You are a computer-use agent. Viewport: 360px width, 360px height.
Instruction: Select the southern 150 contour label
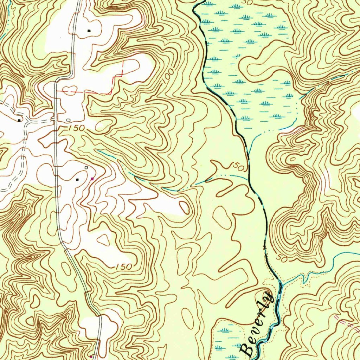pyautogui.click(x=123, y=266)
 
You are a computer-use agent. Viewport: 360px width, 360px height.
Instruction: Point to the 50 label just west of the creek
pyautogui.click(x=238, y=168)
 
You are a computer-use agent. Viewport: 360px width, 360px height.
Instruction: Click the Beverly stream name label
pyautogui.click(x=257, y=323)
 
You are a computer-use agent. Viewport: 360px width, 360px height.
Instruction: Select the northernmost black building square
pyautogui.click(x=89, y=31)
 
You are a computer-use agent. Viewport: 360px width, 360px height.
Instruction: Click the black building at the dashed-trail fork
pyautogui.click(x=19, y=120)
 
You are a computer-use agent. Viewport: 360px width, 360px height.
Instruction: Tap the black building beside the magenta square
pyautogui.click(x=78, y=179)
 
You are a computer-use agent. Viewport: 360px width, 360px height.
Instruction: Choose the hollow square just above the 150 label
pyautogui.click(x=68, y=120)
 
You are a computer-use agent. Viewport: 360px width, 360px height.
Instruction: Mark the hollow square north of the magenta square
pyautogui.click(x=86, y=168)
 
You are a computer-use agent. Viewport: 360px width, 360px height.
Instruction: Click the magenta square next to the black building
pyautogui.click(x=92, y=179)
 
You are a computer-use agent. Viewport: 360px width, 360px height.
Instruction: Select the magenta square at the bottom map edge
pyautogui.click(x=91, y=356)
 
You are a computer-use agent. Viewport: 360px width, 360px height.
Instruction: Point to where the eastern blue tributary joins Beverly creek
pyautogui.click(x=280, y=282)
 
